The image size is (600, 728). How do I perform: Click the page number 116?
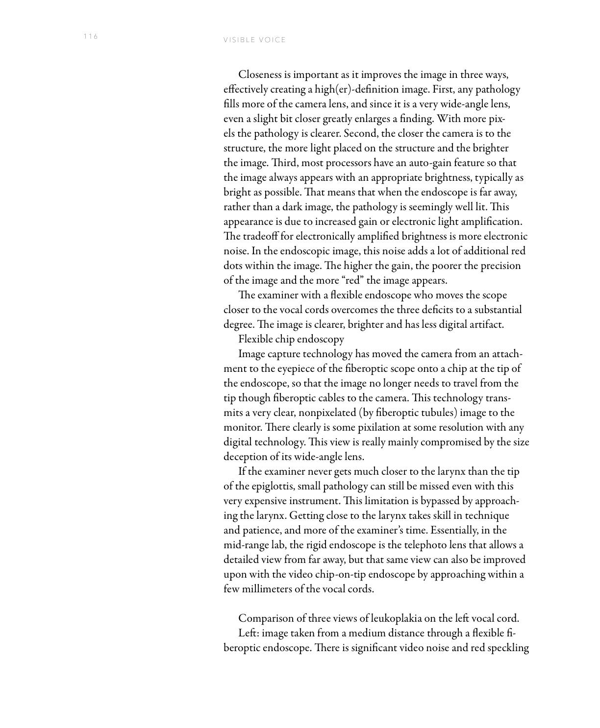[91, 36]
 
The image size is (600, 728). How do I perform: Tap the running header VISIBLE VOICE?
[254, 40]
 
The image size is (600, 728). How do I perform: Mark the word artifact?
[487, 325]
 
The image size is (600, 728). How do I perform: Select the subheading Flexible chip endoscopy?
[291, 339]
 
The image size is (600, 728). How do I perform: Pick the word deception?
[244, 457]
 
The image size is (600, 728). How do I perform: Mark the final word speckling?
[509, 648]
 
